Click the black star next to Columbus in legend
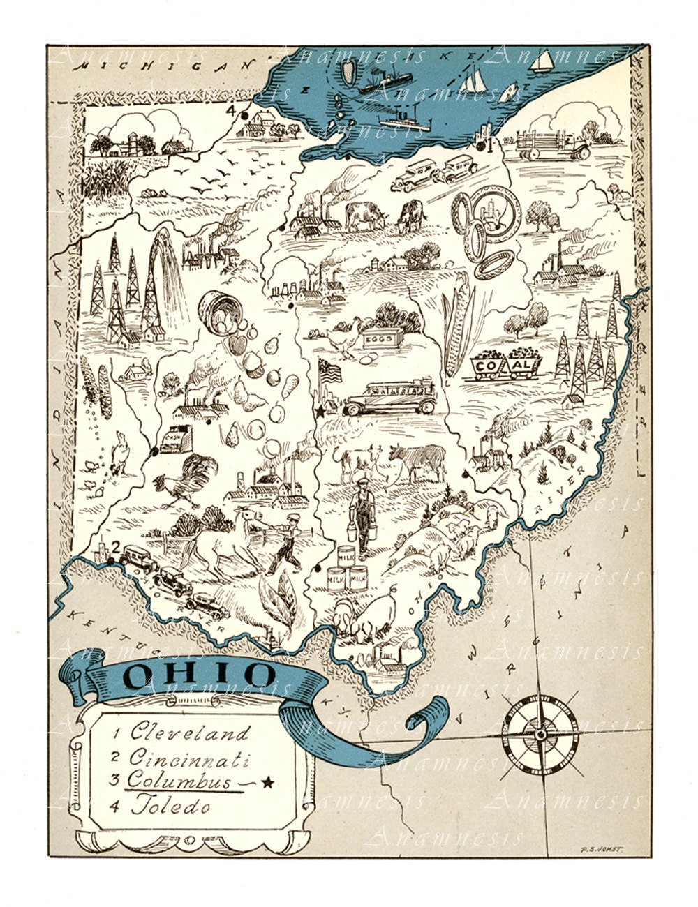(267, 782)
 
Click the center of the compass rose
(540, 734)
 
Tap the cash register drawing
(171, 437)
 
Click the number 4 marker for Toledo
(230, 110)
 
